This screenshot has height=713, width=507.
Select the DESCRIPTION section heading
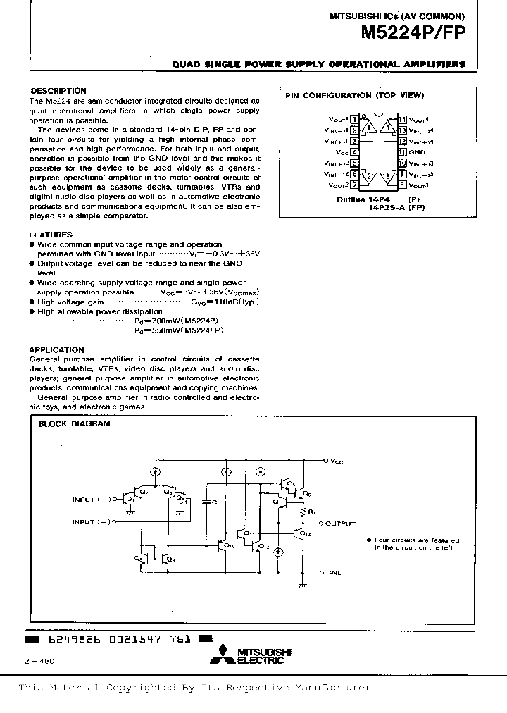tap(58, 91)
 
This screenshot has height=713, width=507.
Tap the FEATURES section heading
tap(51, 235)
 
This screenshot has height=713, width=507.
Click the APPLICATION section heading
tap(56, 349)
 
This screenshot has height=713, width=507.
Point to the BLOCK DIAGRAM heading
tap(74, 423)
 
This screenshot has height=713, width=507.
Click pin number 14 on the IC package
tap(402, 120)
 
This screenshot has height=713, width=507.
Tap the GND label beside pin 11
tap(418, 151)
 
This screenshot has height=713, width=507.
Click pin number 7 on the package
tap(355, 185)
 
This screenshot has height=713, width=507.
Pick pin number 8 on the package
tap(402, 185)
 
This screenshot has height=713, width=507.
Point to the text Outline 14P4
tap(361, 199)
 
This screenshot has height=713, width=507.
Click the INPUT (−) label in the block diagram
tap(92, 500)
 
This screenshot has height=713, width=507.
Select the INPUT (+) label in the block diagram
tap(92, 522)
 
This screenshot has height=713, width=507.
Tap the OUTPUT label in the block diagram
tap(341, 523)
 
